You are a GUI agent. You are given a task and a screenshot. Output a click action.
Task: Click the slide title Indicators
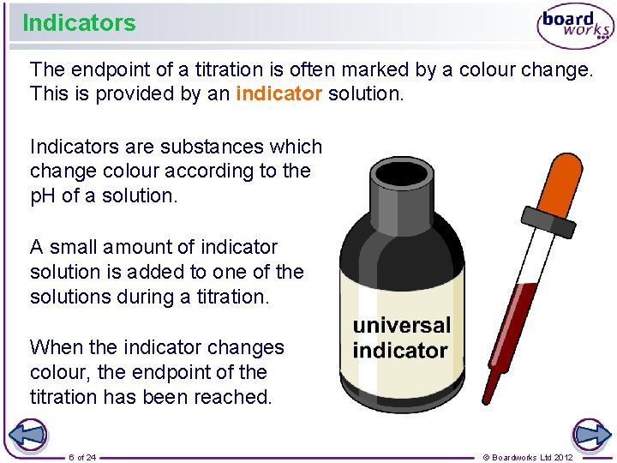coord(79,23)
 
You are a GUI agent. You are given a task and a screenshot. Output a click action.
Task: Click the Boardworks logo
coord(575,27)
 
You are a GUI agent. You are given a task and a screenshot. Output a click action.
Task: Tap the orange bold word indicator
coord(279,94)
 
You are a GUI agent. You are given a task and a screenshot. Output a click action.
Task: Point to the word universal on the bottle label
coord(401,325)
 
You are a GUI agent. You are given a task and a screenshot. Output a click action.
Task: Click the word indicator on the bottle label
coord(400,350)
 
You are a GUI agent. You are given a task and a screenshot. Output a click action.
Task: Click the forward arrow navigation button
coord(591,435)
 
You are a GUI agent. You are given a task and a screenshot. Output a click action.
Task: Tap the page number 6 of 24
coord(82,457)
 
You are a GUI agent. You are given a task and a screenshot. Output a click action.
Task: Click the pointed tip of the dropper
coord(485,398)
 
